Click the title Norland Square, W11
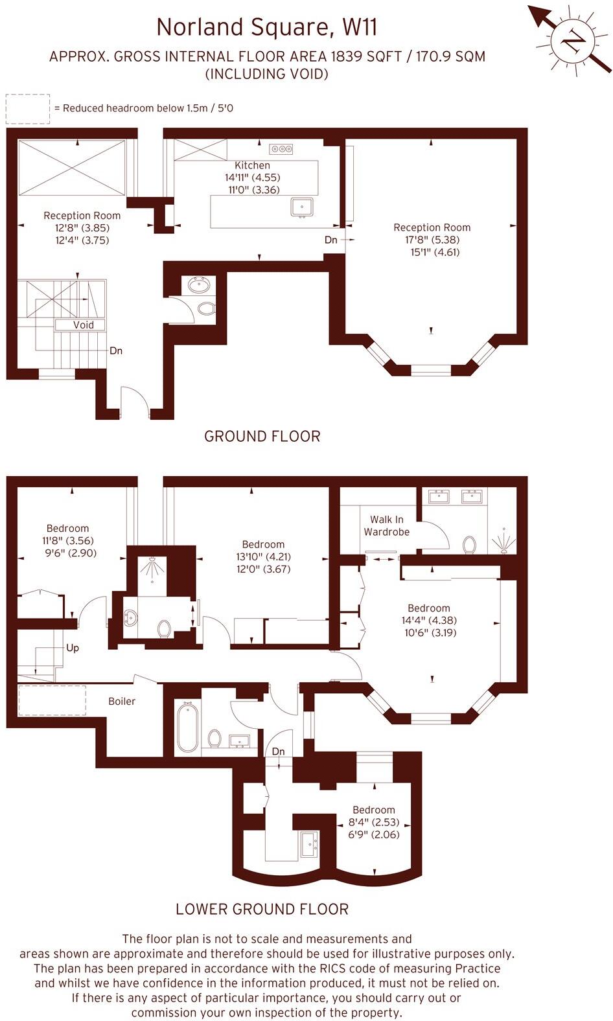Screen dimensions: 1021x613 tap(266, 27)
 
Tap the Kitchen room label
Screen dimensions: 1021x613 tap(252, 165)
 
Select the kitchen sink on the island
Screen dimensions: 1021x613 tap(301, 207)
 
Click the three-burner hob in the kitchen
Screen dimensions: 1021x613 tap(281, 149)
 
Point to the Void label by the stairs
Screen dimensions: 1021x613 tap(84, 325)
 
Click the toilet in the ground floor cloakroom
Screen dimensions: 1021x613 tap(206, 308)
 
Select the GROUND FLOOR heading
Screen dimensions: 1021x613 tap(262, 436)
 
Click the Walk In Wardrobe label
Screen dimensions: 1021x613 tap(387, 525)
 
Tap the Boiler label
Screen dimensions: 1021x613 tap(122, 701)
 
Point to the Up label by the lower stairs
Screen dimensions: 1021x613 tap(73, 647)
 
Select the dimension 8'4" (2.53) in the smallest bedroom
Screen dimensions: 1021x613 tap(374, 822)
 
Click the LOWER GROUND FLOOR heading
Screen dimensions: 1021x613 tap(262, 909)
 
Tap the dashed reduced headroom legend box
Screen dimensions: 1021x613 tap(27, 109)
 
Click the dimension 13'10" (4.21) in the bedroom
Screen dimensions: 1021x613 tap(263, 556)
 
